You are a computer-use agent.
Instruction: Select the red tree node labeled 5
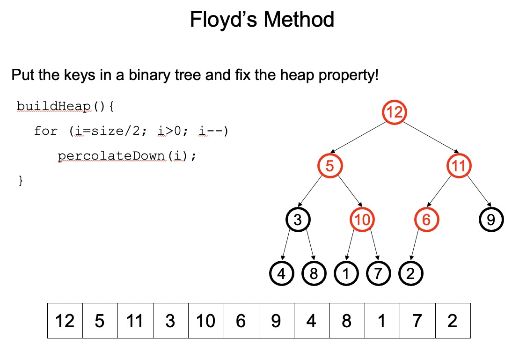(330, 166)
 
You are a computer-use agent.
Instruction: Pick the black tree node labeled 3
(298, 219)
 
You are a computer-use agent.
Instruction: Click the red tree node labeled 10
(362, 219)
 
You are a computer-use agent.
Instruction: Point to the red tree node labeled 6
(426, 219)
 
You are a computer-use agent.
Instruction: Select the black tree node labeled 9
(491, 219)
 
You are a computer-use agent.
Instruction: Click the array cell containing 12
(65, 321)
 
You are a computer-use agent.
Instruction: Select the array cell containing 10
(206, 321)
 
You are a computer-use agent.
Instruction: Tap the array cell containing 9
(276, 321)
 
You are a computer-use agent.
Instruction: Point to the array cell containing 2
(452, 321)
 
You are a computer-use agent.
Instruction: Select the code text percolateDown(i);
(127, 156)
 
